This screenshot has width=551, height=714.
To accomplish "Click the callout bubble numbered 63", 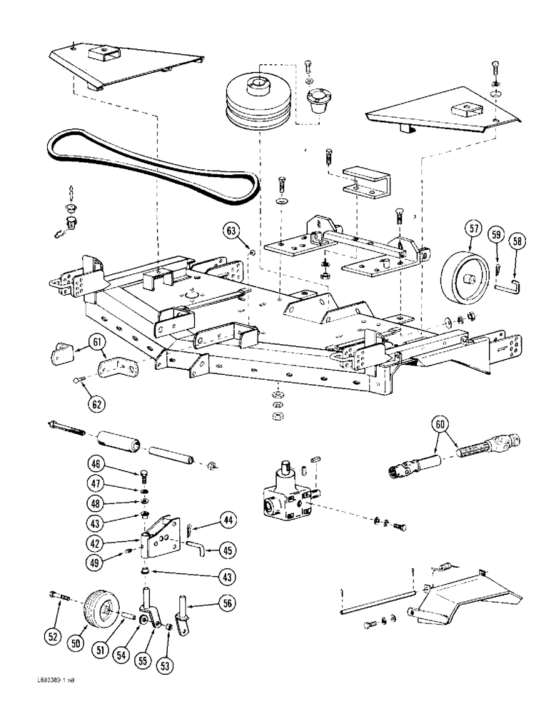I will pyautogui.click(x=231, y=231).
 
